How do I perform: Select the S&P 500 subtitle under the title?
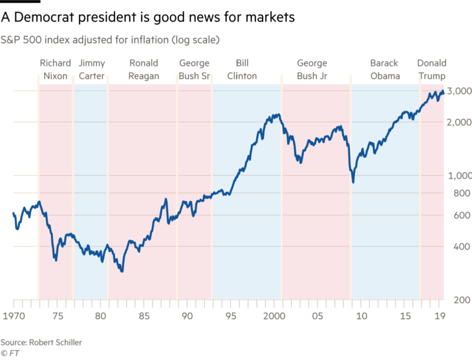point(111,40)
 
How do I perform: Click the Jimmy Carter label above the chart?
point(91,70)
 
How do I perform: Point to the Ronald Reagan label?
point(142,70)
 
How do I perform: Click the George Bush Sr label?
point(194,70)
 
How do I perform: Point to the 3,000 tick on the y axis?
point(458,92)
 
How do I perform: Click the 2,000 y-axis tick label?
point(458,122)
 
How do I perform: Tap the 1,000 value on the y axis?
point(458,175)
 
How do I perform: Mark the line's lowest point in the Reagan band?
point(121,271)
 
